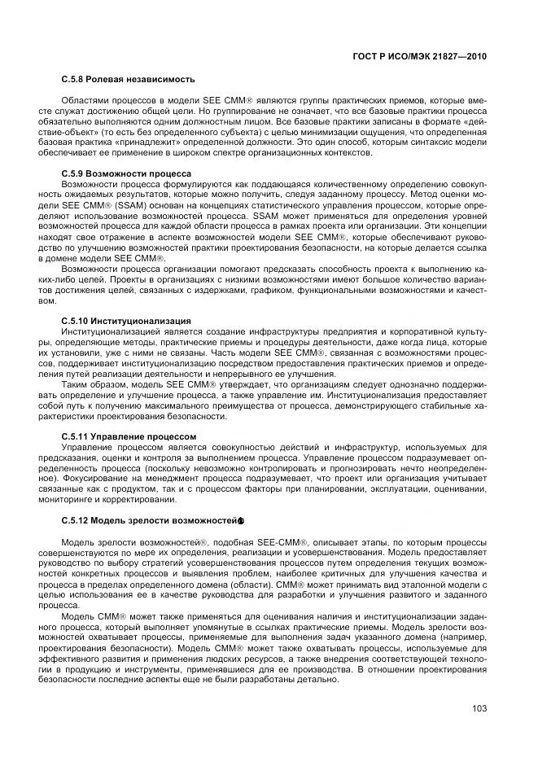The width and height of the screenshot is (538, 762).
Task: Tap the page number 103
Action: [x=479, y=708]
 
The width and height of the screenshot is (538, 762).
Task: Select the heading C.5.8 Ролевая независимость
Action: [x=129, y=80]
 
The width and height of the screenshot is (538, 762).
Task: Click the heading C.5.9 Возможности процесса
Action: [x=126, y=173]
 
